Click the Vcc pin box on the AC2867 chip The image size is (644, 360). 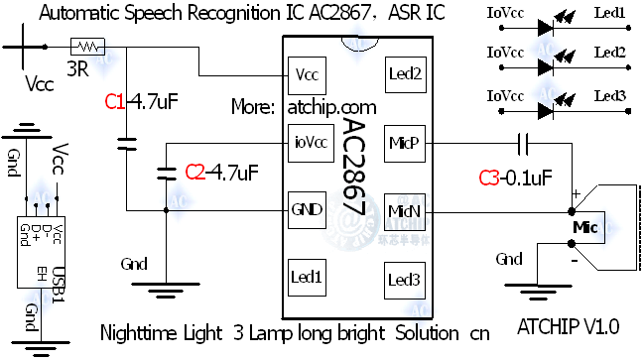pyautogui.click(x=304, y=75)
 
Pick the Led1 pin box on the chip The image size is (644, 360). pyautogui.click(x=306, y=276)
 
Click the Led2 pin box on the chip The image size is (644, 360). pyautogui.click(x=405, y=72)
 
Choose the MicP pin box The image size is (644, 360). pyautogui.click(x=405, y=142)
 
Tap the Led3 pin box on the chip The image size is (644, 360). pyautogui.click(x=405, y=279)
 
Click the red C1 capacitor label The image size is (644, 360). pyautogui.click(x=114, y=100)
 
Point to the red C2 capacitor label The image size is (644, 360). pyautogui.click(x=195, y=172)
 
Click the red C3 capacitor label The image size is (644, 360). pyautogui.click(x=489, y=178)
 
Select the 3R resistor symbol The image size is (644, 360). pyautogui.click(x=87, y=46)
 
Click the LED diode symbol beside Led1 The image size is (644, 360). pyautogui.click(x=545, y=27)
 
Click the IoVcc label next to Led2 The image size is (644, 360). pyautogui.click(x=506, y=52)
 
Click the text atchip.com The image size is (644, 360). pyautogui.click(x=331, y=106)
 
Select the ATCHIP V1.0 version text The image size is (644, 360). pyautogui.click(x=569, y=325)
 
